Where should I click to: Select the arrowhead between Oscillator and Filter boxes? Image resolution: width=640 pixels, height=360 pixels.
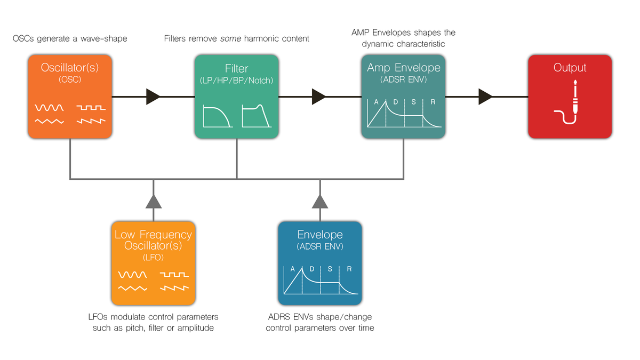[153, 97]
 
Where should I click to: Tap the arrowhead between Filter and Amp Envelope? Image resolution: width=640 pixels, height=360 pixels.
[319, 97]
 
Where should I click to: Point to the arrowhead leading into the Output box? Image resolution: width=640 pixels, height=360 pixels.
[485, 97]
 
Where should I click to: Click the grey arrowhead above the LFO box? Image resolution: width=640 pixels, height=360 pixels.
[154, 201]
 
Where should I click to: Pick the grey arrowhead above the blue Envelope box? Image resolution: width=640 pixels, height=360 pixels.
[320, 201]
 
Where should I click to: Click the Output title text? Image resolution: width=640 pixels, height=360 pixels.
[570, 68]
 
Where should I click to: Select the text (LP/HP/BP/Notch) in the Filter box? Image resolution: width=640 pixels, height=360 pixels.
[237, 81]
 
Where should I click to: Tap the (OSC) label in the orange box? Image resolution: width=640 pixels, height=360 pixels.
[70, 81]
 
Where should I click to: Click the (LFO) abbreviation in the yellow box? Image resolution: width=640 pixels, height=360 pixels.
[153, 258]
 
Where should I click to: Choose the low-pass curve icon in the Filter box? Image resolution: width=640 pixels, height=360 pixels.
[217, 116]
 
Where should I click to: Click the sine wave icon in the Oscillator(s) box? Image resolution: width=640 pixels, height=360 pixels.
[49, 108]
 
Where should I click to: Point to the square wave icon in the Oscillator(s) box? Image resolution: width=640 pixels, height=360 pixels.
[91, 108]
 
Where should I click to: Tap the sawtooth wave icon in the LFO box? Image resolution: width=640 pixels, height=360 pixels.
[174, 289]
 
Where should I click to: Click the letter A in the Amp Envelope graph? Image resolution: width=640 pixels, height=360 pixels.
[376, 102]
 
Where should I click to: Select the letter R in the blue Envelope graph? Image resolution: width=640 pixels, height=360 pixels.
[349, 269]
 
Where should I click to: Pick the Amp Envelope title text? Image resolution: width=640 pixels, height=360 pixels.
[404, 68]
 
